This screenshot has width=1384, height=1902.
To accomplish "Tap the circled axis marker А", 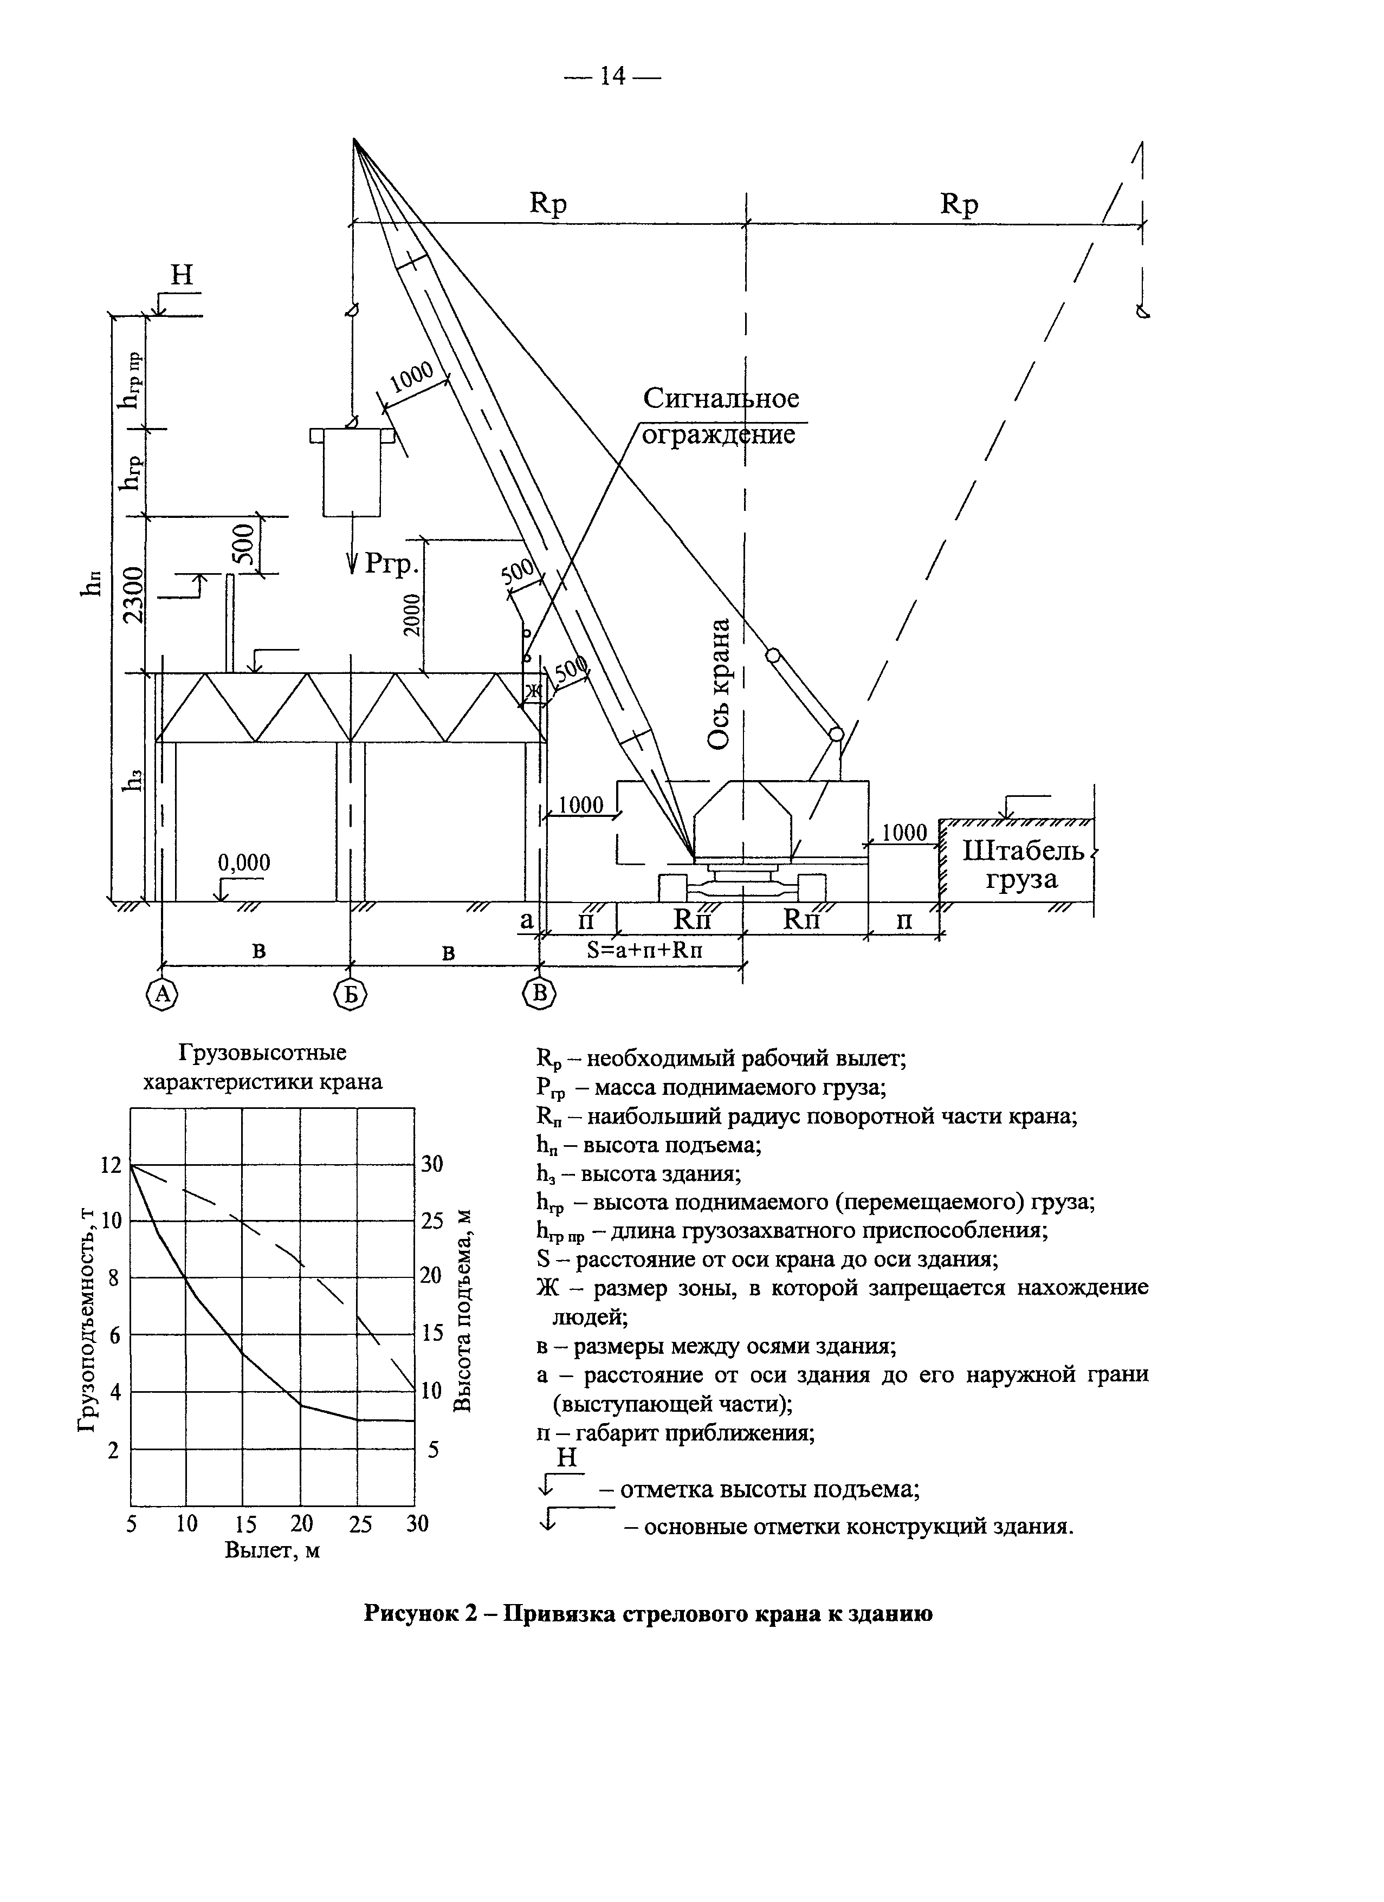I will pyautogui.click(x=162, y=995).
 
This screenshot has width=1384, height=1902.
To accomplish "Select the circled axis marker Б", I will pyautogui.click(x=351, y=995).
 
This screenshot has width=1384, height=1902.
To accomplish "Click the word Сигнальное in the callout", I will pyautogui.click(x=721, y=398).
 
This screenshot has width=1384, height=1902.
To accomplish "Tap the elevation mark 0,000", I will pyautogui.click(x=244, y=863).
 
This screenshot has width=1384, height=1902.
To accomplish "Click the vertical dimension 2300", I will pyautogui.click(x=133, y=595).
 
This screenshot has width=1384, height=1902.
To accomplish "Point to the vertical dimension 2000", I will pyautogui.click(x=410, y=615).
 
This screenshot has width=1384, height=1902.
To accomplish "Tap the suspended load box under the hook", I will pyautogui.click(x=352, y=472).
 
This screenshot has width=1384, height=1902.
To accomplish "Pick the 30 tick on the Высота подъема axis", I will pyautogui.click(x=432, y=1165).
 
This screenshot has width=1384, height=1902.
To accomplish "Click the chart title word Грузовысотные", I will pyautogui.click(x=262, y=1053).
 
